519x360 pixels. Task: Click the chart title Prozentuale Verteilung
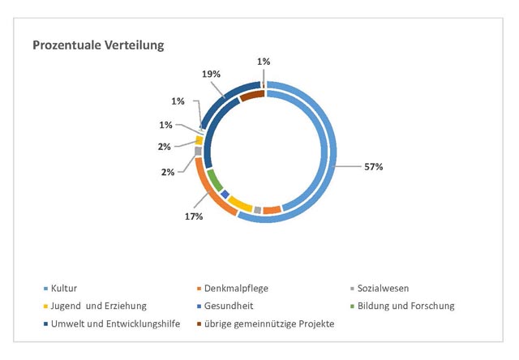click(x=98, y=45)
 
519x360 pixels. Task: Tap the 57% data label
click(x=372, y=166)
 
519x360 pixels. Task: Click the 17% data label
click(x=193, y=216)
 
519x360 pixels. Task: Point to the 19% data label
click(x=211, y=74)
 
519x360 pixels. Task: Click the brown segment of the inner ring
click(x=252, y=96)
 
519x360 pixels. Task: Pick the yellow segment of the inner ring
click(x=239, y=202)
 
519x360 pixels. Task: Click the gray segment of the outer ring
click(x=198, y=151)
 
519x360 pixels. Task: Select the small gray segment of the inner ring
click(x=258, y=209)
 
